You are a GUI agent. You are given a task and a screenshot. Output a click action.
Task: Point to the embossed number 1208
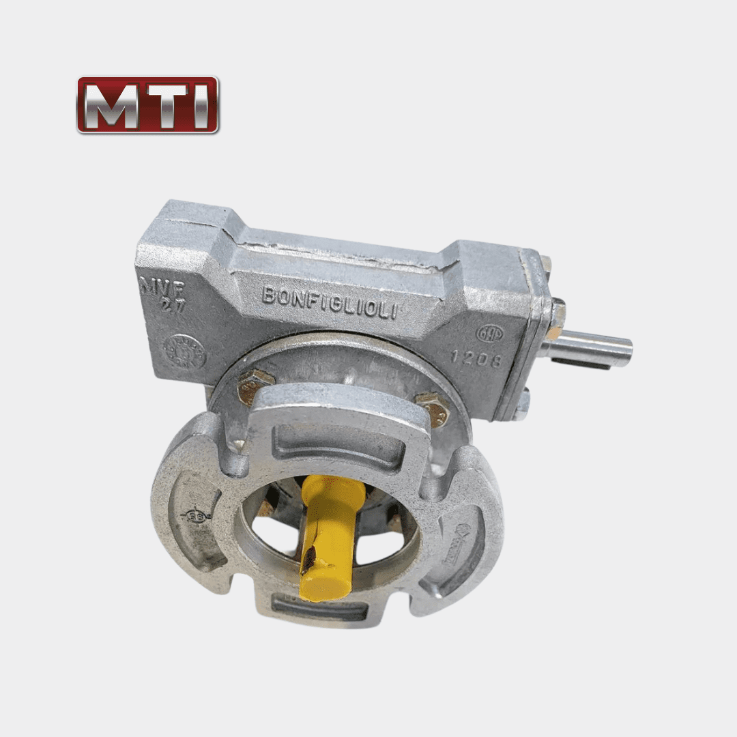[476, 358]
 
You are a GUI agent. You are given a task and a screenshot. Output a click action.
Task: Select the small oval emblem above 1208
[489, 333]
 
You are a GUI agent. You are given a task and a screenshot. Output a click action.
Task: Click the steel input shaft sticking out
[590, 347]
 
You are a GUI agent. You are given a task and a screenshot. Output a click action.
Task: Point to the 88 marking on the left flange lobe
[193, 517]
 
